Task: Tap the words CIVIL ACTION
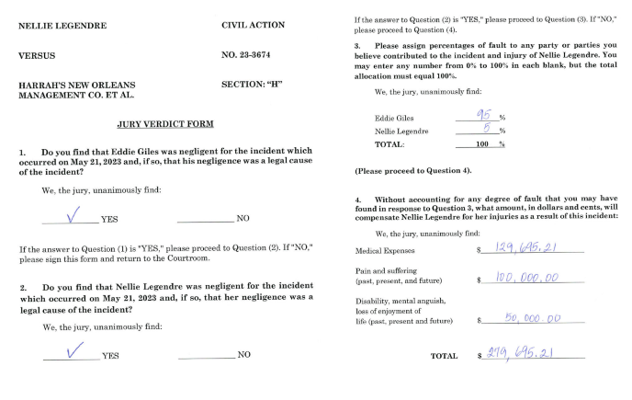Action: (254, 25)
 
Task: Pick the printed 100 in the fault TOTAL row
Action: (481, 144)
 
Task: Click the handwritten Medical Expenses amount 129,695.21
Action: (527, 248)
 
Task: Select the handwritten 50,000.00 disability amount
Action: (533, 318)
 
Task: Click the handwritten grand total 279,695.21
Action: (527, 353)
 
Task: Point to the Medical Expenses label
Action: (385, 250)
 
